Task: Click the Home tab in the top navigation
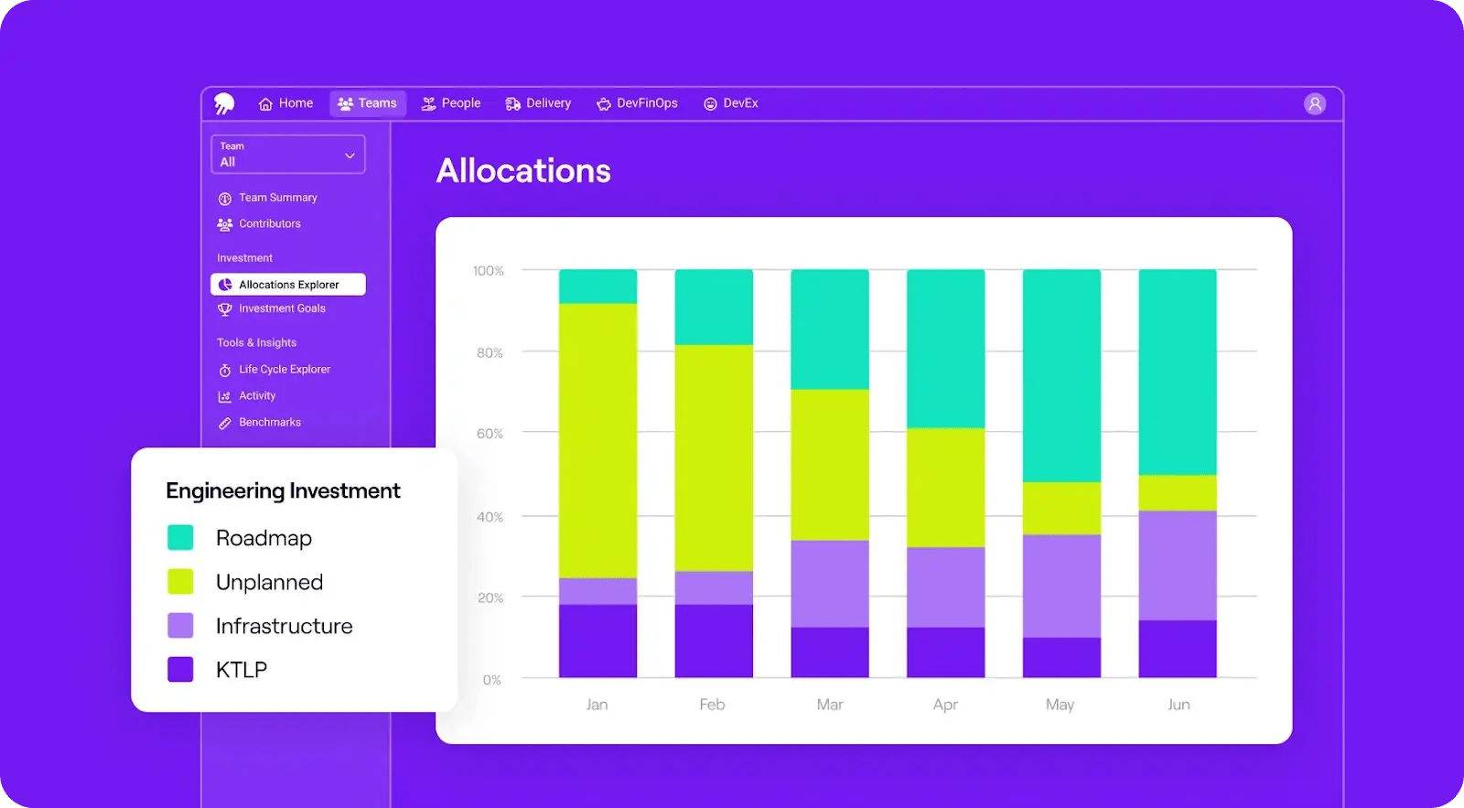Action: (285, 103)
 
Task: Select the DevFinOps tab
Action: (637, 103)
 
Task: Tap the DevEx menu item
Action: (731, 103)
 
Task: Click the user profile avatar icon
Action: (1314, 104)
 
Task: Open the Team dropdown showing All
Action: (287, 155)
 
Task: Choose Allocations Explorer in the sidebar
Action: (288, 285)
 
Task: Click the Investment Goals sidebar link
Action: (281, 309)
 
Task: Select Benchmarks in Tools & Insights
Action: (269, 423)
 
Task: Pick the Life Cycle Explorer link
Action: (284, 370)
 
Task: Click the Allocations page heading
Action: (523, 171)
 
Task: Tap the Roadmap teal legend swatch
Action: (180, 538)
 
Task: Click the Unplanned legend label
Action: (269, 583)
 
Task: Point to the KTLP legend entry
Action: (241, 670)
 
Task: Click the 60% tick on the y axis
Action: (490, 434)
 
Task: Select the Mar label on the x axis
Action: (830, 705)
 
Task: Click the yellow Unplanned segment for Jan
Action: (597, 440)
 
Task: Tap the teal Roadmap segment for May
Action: (1061, 375)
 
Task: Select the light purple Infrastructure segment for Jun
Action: (1178, 566)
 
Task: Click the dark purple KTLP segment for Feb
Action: (714, 641)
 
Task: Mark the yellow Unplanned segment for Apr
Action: (945, 488)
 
